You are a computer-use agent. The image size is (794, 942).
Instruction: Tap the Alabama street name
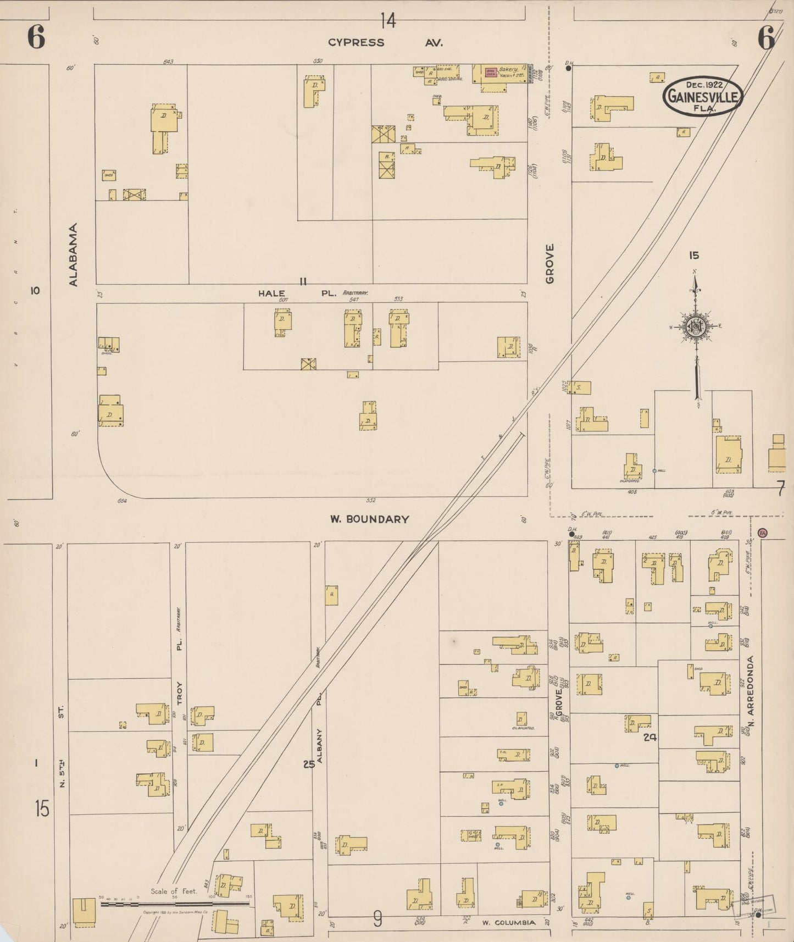point(74,254)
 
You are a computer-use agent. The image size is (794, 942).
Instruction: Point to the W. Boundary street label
point(369,519)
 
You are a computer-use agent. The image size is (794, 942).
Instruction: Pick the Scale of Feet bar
point(175,902)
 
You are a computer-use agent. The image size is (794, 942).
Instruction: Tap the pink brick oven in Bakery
point(491,72)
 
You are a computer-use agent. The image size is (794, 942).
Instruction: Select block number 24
point(651,738)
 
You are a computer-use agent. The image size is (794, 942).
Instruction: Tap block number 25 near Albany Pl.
point(308,763)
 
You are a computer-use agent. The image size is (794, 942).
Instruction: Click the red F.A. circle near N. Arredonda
point(762,533)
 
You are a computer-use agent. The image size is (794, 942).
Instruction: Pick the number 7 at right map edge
point(781,487)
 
